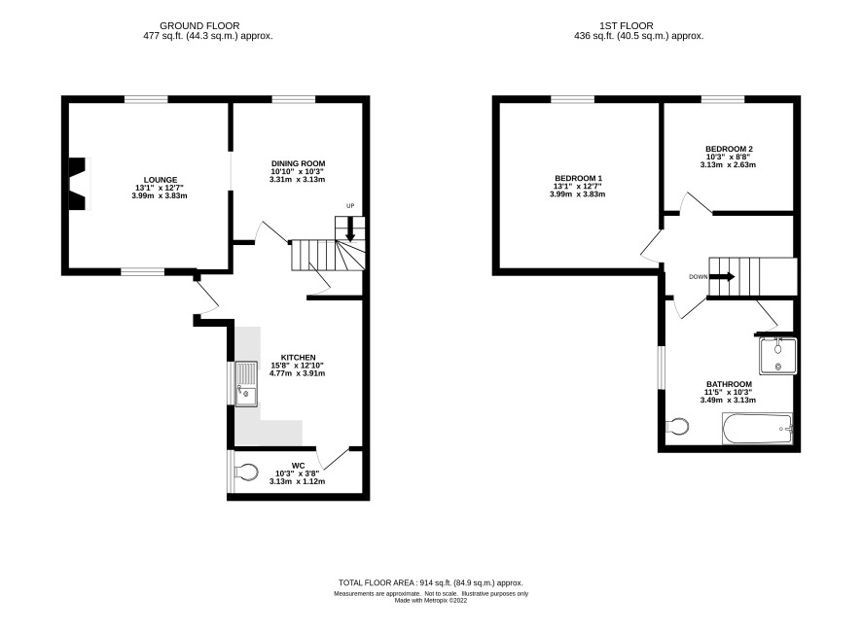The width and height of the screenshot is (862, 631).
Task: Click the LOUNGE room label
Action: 161,180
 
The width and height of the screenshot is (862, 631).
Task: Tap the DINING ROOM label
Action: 298,163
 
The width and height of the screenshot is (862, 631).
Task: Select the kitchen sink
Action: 246,384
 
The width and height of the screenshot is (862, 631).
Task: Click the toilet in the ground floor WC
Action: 246,472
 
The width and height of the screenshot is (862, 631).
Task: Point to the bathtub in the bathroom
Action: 758,429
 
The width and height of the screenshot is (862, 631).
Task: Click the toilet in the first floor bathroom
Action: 677,426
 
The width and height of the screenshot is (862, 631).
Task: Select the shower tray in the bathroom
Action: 777,357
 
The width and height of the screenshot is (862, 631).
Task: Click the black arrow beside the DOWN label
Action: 721,277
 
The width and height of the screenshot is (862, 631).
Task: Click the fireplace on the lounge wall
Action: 79,184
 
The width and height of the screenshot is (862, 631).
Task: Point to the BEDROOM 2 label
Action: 729,149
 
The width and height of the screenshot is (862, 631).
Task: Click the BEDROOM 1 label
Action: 578,178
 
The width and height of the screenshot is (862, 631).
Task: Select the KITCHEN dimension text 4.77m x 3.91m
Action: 297,373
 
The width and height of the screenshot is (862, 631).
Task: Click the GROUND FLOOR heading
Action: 199,26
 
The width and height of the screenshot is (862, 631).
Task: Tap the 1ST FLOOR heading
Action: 627,26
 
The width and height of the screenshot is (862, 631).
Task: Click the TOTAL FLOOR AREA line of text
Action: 430,582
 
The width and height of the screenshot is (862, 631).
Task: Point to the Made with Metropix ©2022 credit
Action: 431,600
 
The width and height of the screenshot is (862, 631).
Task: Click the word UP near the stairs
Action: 350,206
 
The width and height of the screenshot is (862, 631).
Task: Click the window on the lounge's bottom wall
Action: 143,271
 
